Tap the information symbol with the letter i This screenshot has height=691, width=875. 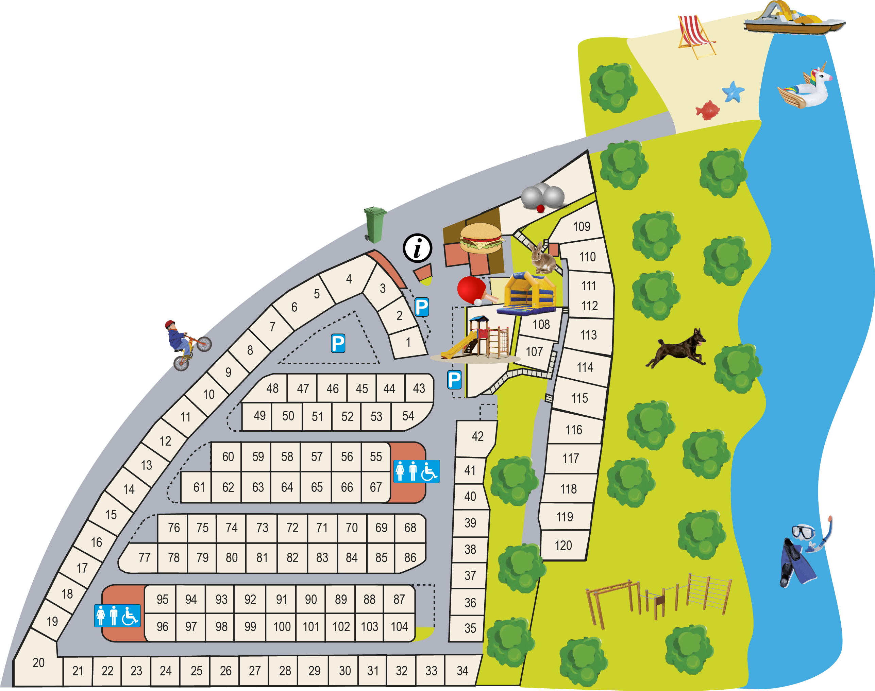pyautogui.click(x=417, y=247)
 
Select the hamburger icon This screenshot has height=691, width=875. pyautogui.click(x=481, y=239)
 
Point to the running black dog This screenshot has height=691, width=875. pyautogui.click(x=677, y=349)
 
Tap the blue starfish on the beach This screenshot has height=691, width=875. pyautogui.click(x=733, y=92)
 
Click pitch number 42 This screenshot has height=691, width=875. pyautogui.click(x=477, y=436)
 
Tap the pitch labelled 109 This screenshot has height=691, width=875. pyautogui.click(x=581, y=227)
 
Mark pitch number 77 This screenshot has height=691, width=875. pyautogui.click(x=144, y=558)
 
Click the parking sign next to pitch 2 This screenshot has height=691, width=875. pyautogui.click(x=421, y=307)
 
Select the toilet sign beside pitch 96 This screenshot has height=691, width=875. pyautogui.click(x=117, y=616)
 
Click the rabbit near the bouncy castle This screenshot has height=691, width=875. pyautogui.click(x=542, y=259)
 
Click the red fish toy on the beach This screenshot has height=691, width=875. pyautogui.click(x=707, y=110)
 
